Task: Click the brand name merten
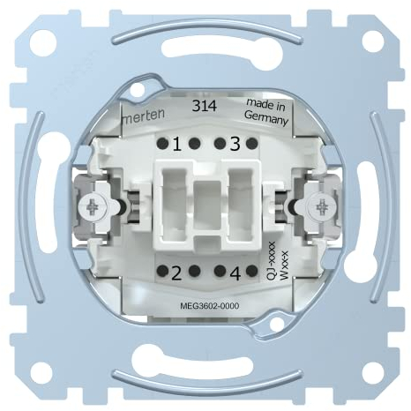point(139,115)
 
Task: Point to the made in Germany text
point(264,114)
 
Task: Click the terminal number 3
point(234,142)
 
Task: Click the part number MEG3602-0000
point(205,304)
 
